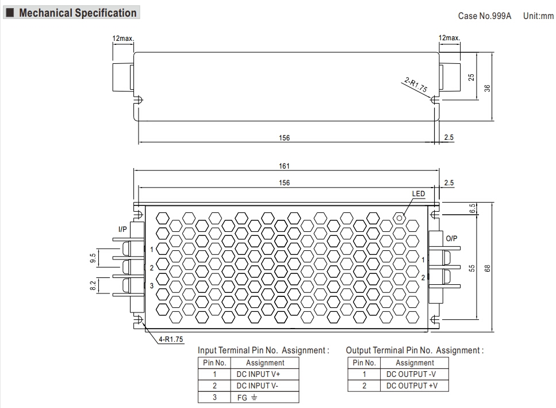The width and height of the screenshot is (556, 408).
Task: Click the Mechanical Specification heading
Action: [78, 13]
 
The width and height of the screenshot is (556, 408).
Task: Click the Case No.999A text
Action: [484, 16]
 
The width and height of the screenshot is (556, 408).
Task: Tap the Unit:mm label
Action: [538, 16]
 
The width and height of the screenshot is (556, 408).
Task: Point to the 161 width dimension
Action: [285, 166]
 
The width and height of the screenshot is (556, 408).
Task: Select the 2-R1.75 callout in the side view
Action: [415, 86]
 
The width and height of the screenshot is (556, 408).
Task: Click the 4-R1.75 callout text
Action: [171, 340]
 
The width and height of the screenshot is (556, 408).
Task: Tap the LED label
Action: [418, 194]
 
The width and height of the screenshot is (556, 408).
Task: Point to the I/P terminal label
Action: [122, 229]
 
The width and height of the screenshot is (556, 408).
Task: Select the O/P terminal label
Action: [451, 238]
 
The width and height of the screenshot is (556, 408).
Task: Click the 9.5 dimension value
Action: [93, 258]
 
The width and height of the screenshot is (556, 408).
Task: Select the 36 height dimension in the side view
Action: [487, 88]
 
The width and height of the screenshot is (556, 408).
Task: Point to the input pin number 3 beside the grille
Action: [151, 286]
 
